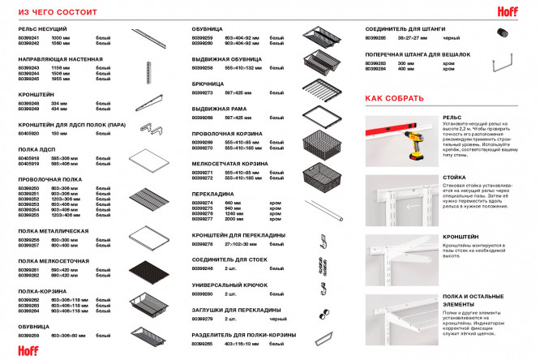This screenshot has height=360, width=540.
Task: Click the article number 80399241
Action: coord(28,38)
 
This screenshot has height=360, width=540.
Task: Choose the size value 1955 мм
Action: coord(62,79)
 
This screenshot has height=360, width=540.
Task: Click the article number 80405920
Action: coord(28,133)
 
